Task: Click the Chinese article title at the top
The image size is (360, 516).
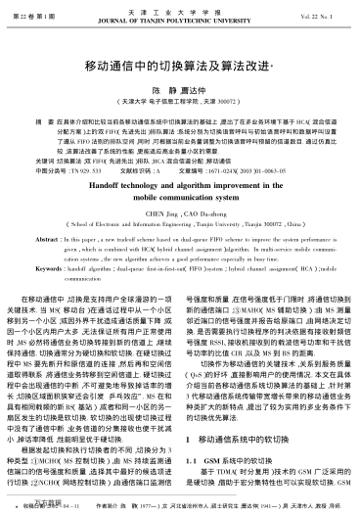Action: point(180,69)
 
